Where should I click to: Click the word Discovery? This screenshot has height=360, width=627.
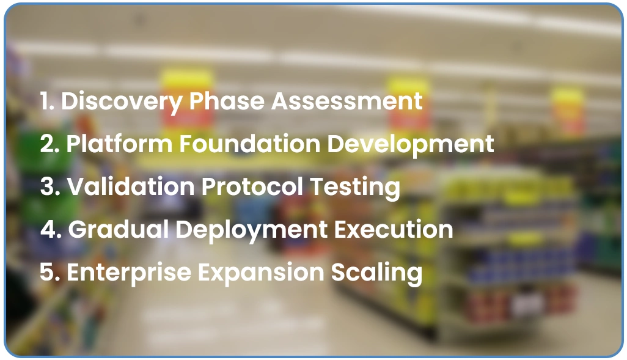click(122, 101)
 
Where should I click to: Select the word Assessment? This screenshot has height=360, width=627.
click(347, 101)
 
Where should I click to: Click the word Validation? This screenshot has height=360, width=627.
click(131, 187)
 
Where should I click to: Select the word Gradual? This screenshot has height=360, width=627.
click(118, 230)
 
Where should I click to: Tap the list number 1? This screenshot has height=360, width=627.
click(46, 101)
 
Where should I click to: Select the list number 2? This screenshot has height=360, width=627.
click(48, 144)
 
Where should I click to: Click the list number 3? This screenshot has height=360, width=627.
click(48, 187)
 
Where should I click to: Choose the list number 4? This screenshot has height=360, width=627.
click(49, 230)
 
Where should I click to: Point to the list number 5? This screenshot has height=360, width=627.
click(48, 273)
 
